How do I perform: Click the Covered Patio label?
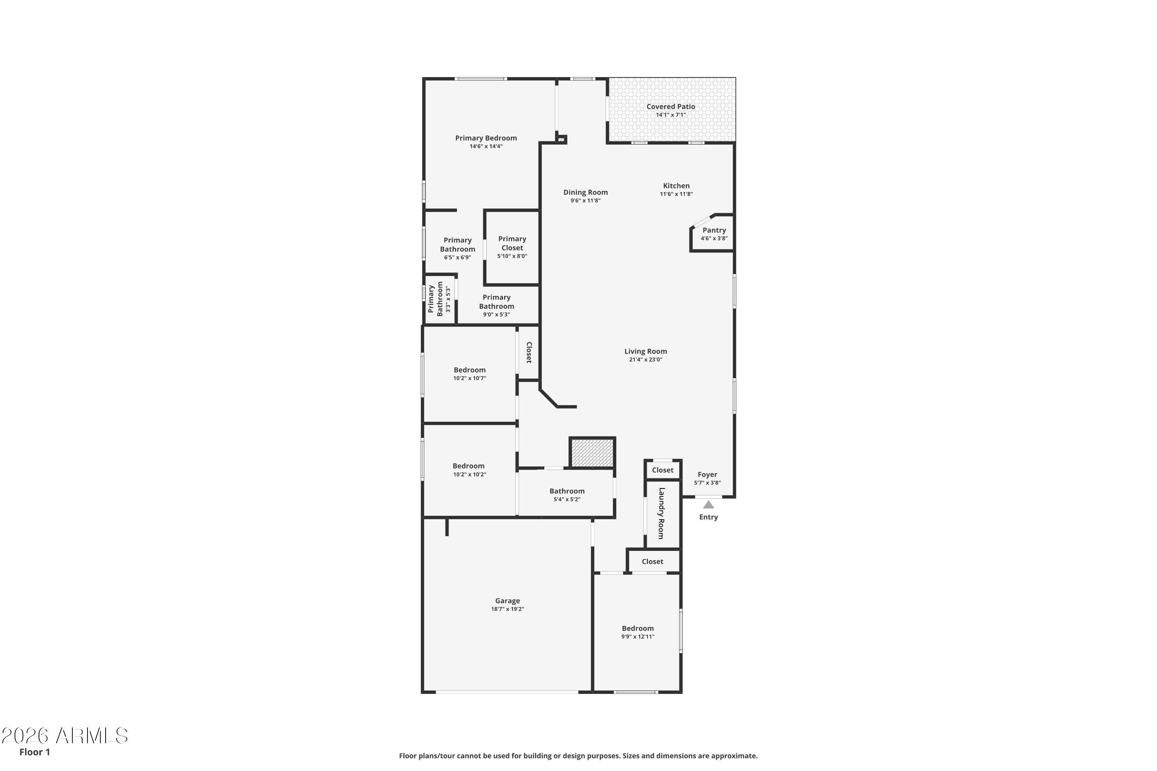tap(671, 107)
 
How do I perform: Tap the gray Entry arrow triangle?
tap(708, 505)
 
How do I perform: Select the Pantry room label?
tap(714, 230)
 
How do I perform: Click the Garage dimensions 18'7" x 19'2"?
tap(507, 609)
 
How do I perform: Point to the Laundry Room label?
tap(662, 513)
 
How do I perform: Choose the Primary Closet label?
tap(512, 243)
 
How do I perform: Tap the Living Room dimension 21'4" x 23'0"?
tap(645, 359)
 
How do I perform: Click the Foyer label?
tap(707, 475)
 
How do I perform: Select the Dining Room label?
tap(585, 192)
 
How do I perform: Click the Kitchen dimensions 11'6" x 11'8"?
tap(676, 194)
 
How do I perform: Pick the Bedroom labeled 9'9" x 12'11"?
tap(638, 628)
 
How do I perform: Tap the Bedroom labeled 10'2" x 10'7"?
tap(469, 370)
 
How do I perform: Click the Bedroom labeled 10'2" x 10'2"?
tap(468, 466)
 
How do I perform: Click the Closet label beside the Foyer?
tap(663, 470)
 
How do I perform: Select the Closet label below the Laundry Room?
tap(652, 562)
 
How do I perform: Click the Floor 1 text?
tap(34, 752)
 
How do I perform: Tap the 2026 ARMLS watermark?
tap(64, 736)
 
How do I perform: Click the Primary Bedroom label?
tap(486, 138)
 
